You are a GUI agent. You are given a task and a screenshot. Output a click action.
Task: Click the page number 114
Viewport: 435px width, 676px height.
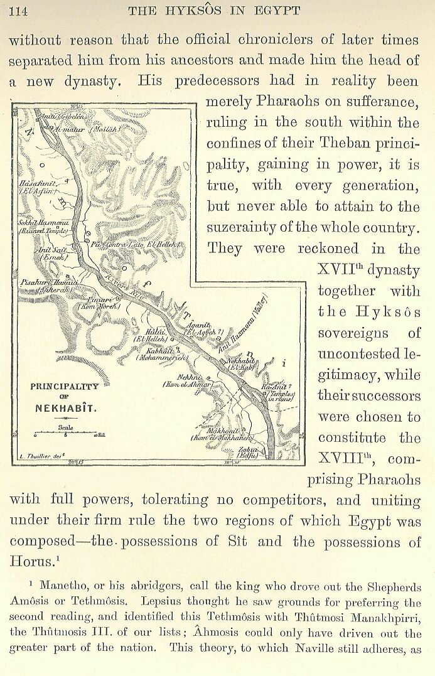[19, 10]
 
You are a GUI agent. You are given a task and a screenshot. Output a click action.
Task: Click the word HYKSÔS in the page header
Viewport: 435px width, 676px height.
[201, 10]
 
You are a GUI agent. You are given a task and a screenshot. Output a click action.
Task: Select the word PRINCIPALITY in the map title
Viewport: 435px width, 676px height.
[64, 387]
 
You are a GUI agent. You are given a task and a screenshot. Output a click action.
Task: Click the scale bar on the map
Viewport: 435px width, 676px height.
[65, 433]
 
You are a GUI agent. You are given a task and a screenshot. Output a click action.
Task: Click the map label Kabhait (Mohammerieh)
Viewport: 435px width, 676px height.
[158, 355]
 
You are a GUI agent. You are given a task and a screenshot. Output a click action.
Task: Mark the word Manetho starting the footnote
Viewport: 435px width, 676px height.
[62, 586]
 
